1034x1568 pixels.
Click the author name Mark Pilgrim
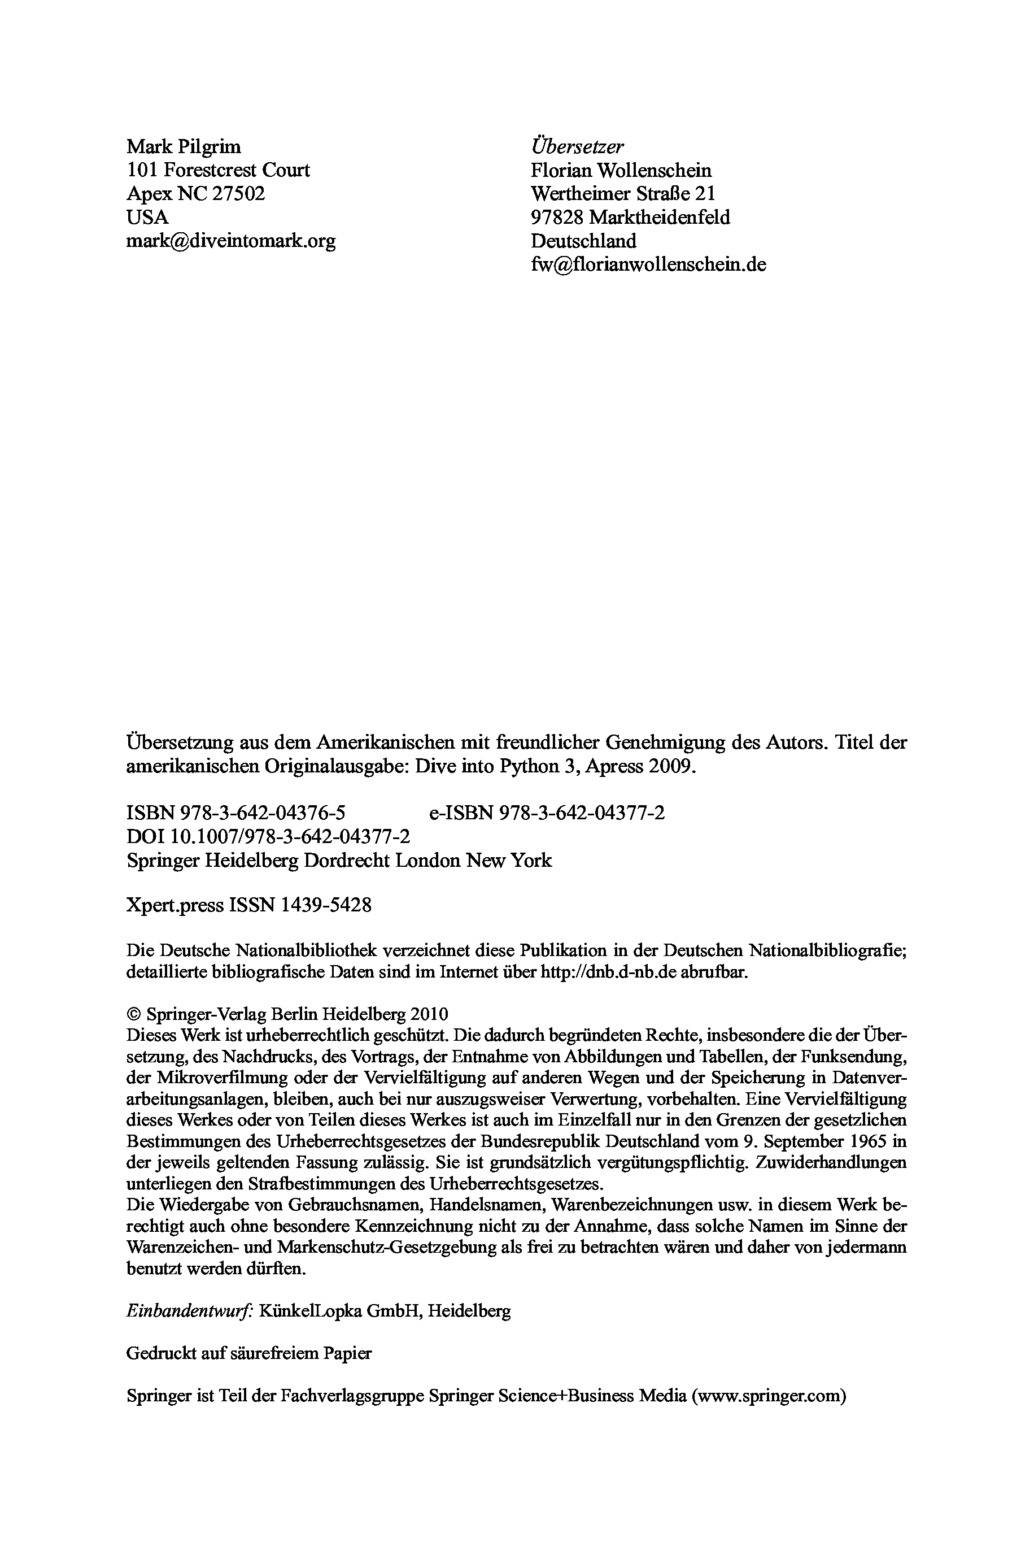(184, 146)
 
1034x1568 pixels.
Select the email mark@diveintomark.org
(231, 241)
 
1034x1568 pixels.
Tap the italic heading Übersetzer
(577, 146)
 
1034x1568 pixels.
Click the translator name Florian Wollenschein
(621, 170)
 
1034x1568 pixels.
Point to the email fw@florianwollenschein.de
(648, 264)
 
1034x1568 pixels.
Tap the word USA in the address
(147, 217)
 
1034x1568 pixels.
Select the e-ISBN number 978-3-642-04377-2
(582, 813)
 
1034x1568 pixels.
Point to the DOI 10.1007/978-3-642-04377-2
(290, 836)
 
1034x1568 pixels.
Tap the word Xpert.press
(174, 905)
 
